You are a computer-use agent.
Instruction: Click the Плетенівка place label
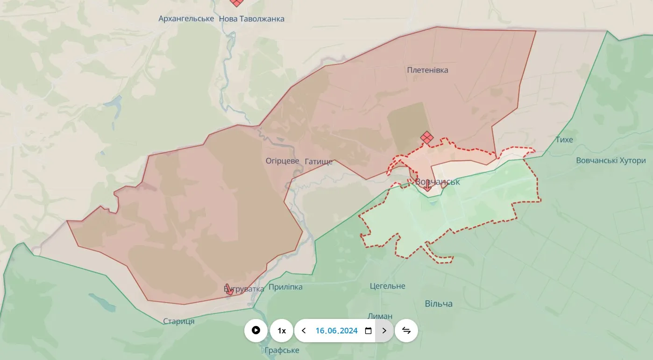427,70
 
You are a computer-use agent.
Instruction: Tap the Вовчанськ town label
438,182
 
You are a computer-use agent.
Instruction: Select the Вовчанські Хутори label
610,161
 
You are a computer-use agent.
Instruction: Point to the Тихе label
564,140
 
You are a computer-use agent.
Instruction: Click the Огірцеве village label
282,161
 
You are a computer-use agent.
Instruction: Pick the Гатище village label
319,162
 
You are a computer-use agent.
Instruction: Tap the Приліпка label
285,287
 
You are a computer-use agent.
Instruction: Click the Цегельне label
387,286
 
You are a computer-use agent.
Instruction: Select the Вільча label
438,304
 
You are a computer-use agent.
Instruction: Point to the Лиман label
380,316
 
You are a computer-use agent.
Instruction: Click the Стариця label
178,321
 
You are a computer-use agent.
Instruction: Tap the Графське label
282,350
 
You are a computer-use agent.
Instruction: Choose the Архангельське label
186,19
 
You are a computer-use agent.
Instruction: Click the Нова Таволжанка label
251,19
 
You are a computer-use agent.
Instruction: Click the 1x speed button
282,331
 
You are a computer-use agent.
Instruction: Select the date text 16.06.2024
336,331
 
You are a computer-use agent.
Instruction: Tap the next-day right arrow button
384,331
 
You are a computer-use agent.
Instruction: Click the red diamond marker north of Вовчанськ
426,138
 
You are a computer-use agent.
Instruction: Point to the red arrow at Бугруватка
229,289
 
